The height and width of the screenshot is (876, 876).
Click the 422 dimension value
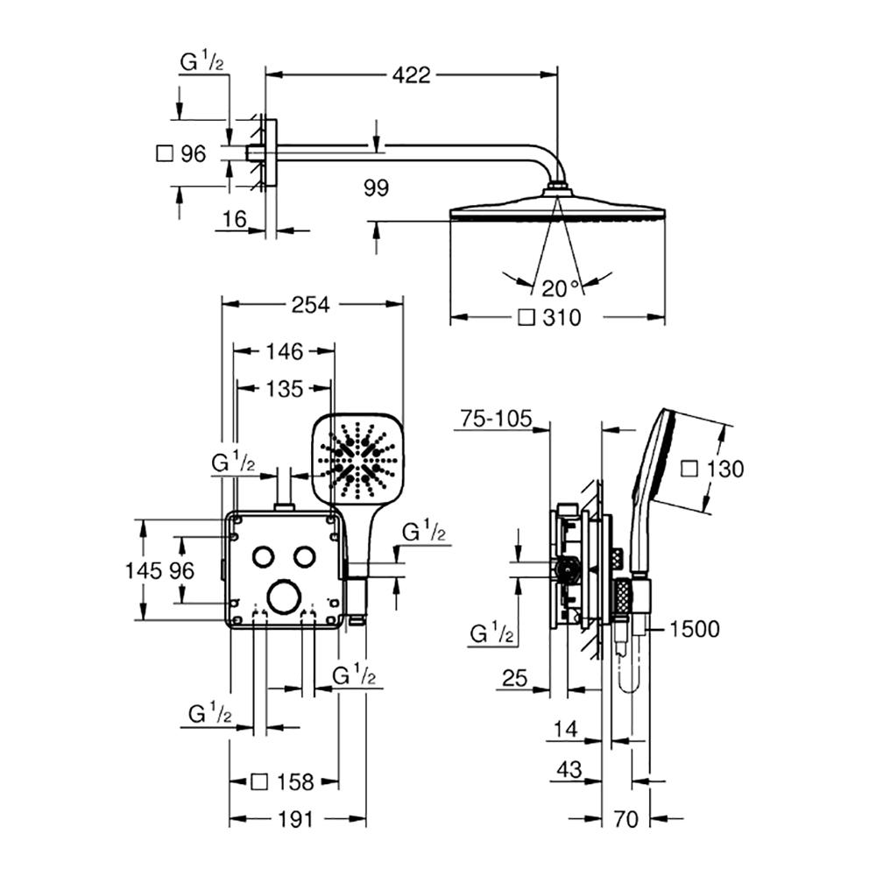point(411,74)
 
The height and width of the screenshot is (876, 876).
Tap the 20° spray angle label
point(560,288)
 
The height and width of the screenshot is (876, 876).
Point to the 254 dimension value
point(311,305)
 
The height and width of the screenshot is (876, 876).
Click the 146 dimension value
point(285,351)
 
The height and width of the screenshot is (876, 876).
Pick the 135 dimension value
point(285,389)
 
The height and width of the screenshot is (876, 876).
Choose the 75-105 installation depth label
point(496,419)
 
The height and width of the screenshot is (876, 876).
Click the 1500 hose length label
point(694,629)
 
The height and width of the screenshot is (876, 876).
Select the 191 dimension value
point(295,819)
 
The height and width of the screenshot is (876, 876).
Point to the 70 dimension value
point(625,819)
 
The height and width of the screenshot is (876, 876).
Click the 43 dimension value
point(569,769)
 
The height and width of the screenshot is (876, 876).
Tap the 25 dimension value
point(514,678)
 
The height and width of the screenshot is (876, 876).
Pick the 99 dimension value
point(376,187)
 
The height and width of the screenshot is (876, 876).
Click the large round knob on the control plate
point(285,597)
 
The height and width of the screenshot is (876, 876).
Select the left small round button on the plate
point(263,556)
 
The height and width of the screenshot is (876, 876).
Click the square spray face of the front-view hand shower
point(357,457)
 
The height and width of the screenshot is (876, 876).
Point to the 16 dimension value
point(234,219)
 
